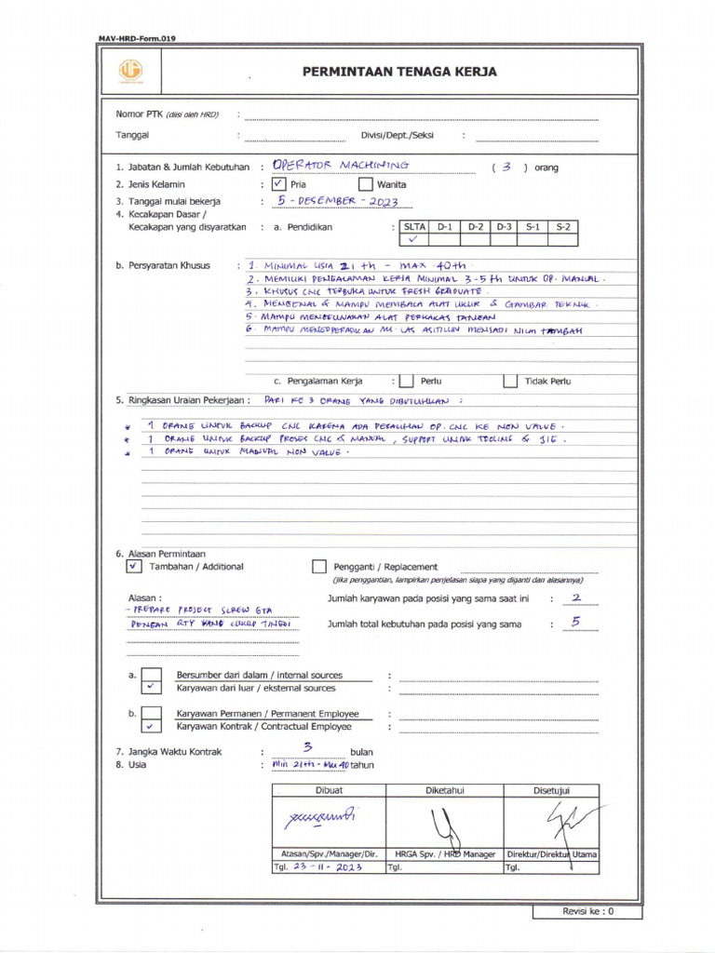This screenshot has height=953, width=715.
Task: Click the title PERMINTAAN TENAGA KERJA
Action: (399, 72)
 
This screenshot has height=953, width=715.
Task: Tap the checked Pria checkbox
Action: (279, 183)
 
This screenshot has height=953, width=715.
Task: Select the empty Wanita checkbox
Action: (366, 183)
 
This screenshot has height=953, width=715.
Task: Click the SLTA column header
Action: (413, 226)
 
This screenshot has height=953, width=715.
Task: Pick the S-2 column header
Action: (563, 226)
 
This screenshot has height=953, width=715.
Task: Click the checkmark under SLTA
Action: (413, 239)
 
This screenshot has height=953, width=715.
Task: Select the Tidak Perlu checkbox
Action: (509, 381)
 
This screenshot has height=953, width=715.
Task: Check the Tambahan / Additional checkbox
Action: (134, 566)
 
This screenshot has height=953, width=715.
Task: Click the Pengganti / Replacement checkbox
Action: (319, 566)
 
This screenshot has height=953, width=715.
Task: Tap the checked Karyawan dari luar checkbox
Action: (151, 688)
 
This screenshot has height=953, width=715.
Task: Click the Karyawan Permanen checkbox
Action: (151, 713)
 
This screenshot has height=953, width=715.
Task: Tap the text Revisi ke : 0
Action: (587, 912)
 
